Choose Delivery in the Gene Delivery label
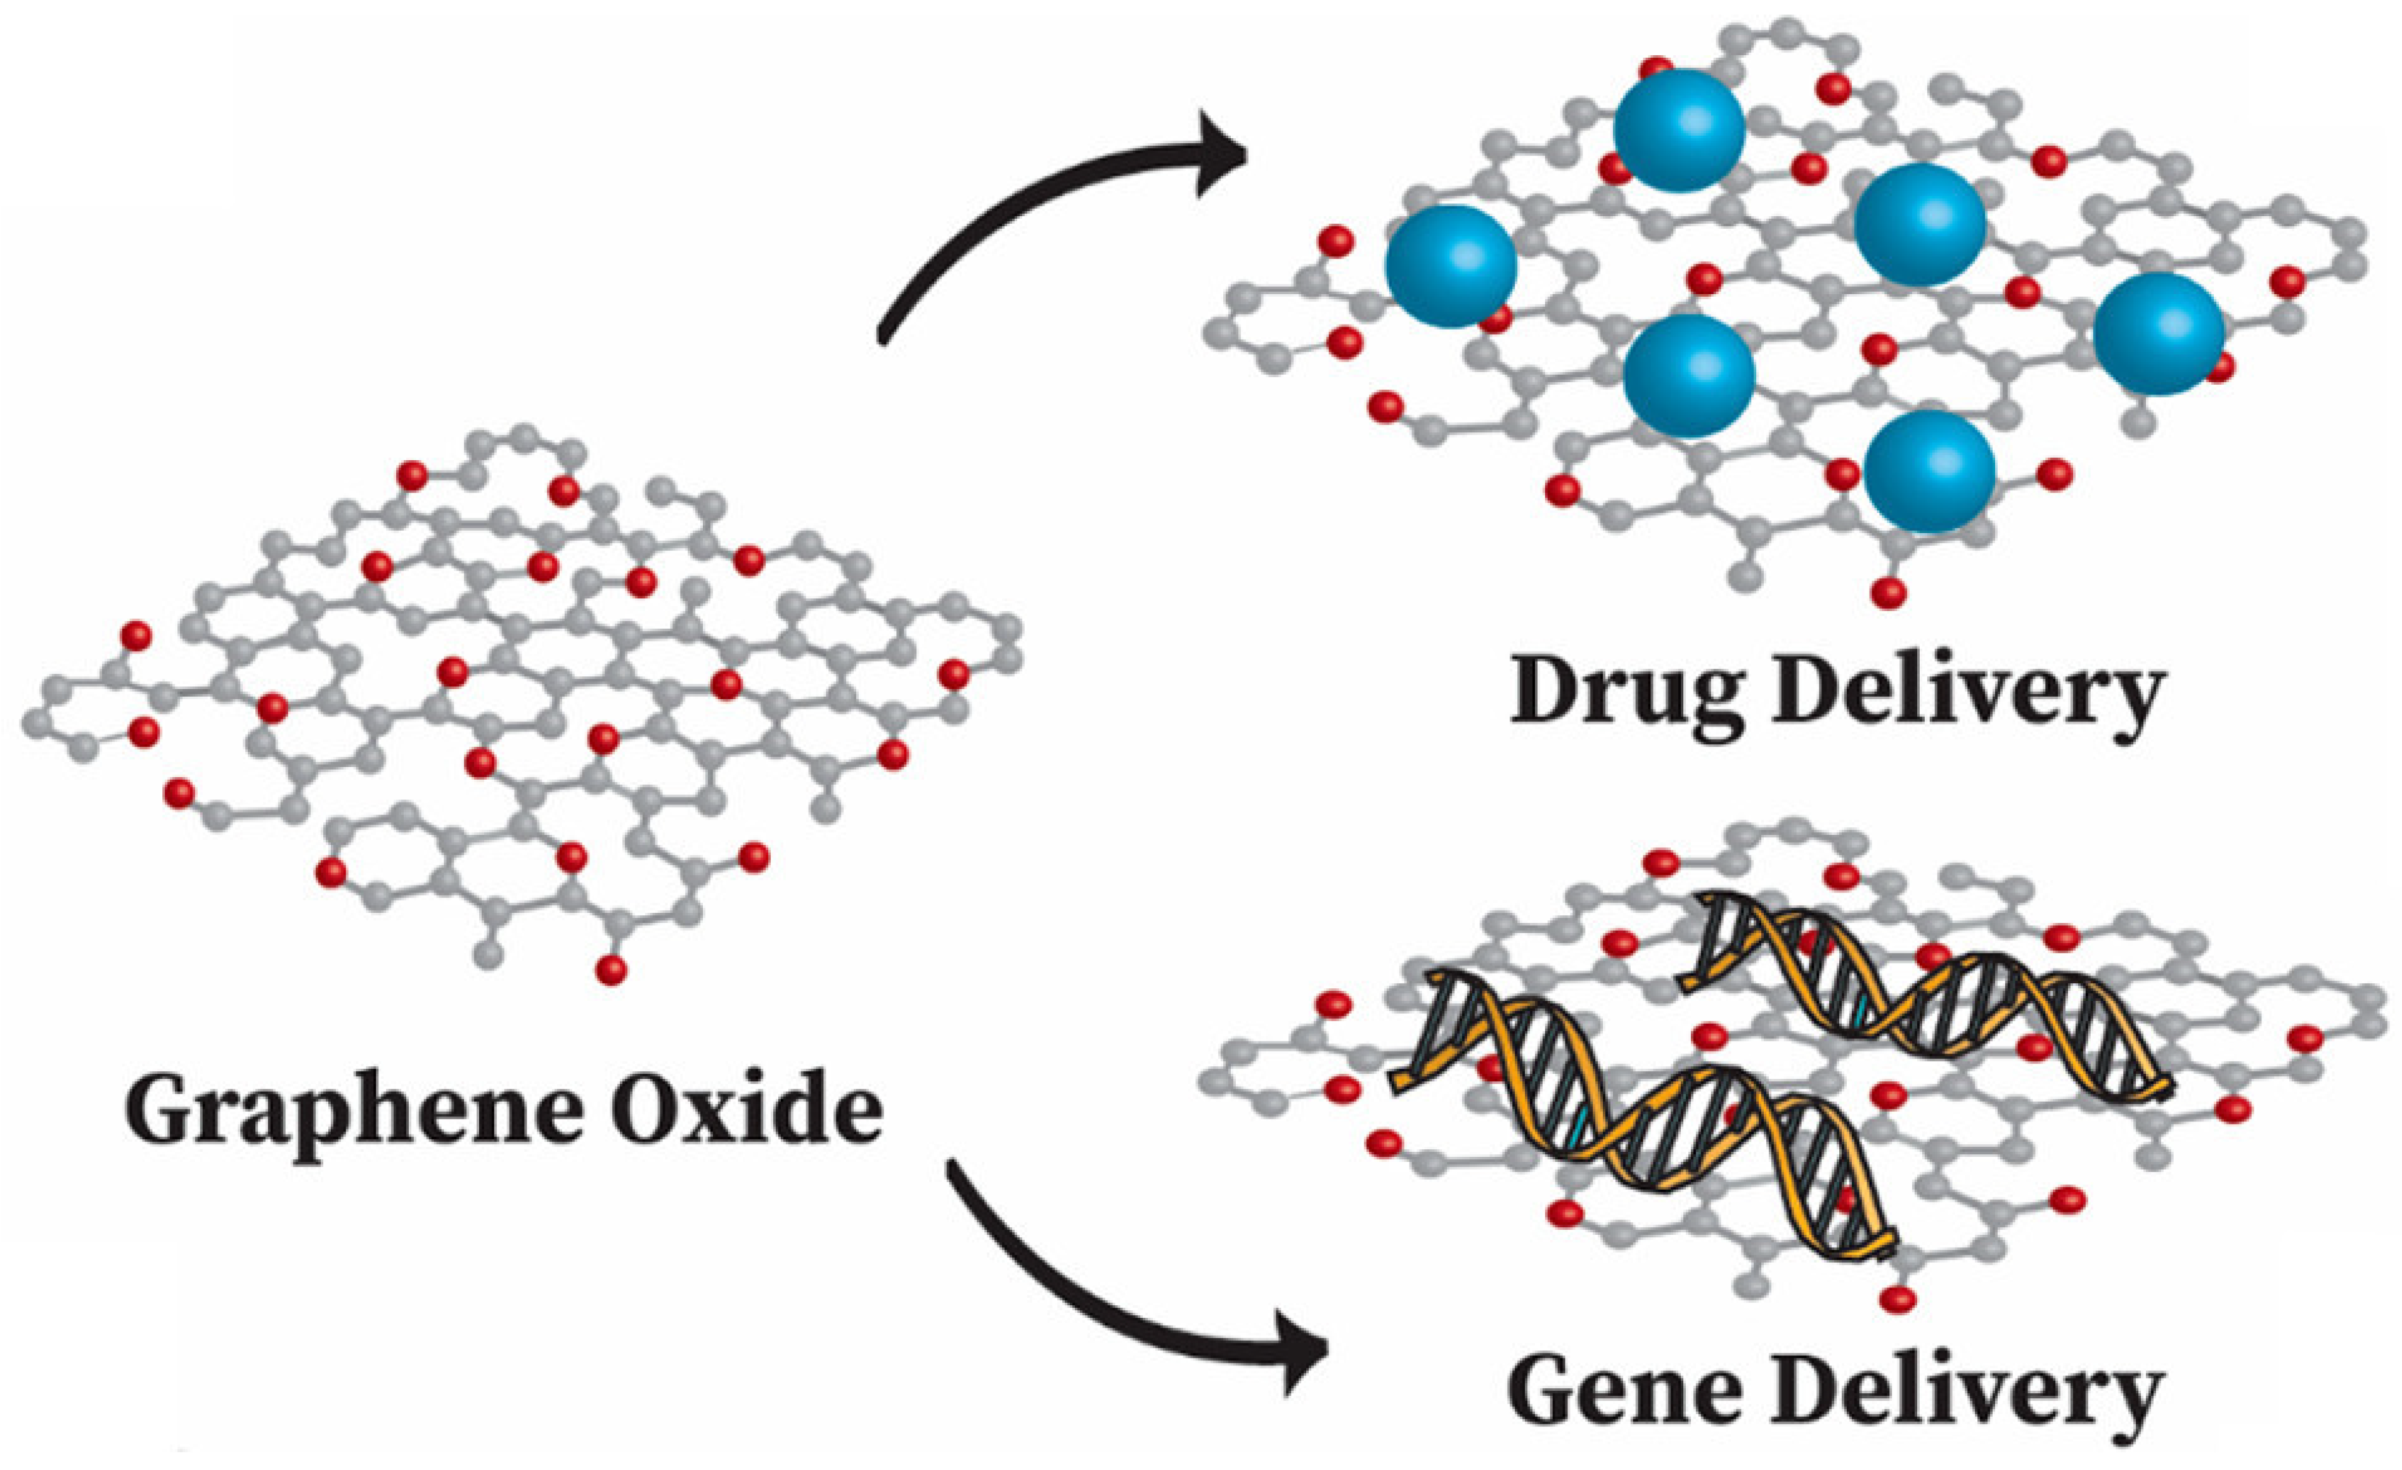1964,1394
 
